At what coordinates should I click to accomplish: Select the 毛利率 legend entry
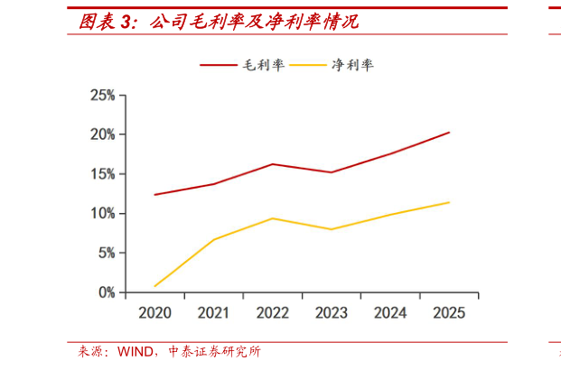261,65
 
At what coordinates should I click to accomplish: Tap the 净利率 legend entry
353,65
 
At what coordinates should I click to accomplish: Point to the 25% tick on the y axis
102,95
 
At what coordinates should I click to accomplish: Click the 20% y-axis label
102,134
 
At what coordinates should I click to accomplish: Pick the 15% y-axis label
102,174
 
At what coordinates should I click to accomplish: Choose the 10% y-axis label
102,214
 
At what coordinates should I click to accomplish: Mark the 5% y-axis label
106,254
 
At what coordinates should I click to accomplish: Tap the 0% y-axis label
106,292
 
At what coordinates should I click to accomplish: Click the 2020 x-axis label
155,313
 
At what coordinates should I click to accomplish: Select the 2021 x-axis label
214,313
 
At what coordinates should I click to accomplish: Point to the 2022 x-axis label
273,313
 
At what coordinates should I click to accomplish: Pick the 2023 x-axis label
332,313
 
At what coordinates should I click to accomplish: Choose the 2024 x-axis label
390,313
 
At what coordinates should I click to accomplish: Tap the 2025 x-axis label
449,313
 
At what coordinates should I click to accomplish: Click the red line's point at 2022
273,164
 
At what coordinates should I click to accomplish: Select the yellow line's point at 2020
155,286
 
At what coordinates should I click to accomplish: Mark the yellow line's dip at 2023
332,229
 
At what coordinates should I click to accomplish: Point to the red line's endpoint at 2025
449,133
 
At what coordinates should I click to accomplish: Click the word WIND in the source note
135,352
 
